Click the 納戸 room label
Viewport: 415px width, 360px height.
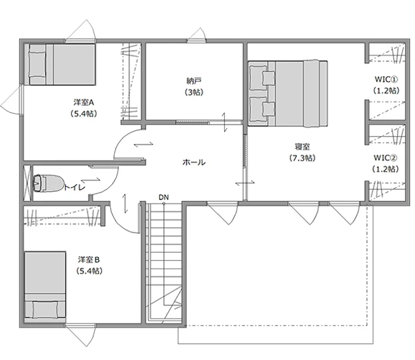click(194, 80)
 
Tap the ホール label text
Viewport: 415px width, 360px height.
click(194, 162)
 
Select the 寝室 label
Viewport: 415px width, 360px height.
click(302, 147)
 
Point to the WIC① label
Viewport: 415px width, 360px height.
click(386, 79)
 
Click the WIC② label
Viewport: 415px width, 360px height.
click(385, 158)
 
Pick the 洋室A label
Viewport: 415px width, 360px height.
click(84, 102)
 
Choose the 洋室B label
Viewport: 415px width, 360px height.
click(89, 260)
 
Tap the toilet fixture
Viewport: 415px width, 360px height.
click(48, 183)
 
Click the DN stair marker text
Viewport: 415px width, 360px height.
click(163, 197)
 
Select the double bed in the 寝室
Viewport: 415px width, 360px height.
click(288, 93)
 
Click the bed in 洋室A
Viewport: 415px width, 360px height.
click(59, 64)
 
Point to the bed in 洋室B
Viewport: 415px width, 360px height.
click(45, 287)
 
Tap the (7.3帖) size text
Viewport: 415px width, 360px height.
click(302, 158)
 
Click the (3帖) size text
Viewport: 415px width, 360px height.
click(194, 92)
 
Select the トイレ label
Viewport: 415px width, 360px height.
click(75, 188)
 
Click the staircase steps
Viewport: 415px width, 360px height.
click(164, 262)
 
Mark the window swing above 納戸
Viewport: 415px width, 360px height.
click(197, 35)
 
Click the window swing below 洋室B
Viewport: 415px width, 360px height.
click(80, 335)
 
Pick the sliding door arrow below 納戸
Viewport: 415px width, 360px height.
click(224, 122)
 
